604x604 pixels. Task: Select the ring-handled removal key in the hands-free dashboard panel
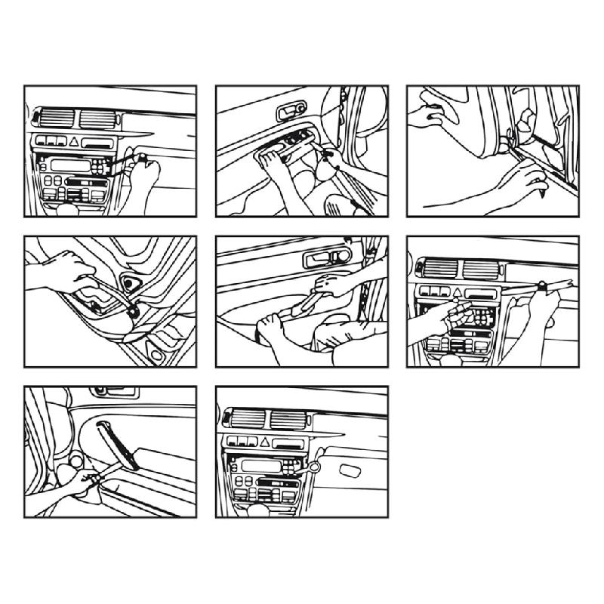click(311, 469)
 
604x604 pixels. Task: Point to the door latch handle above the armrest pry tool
click(322, 260)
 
